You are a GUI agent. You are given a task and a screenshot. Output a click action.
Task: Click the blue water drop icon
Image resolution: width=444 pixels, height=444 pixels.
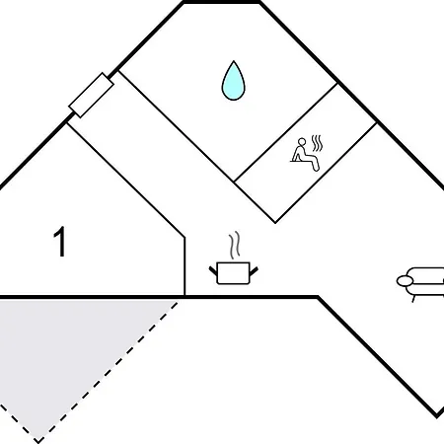click(x=233, y=81)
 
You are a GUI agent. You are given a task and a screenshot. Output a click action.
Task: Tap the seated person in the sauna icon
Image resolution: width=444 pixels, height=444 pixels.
click(x=304, y=155)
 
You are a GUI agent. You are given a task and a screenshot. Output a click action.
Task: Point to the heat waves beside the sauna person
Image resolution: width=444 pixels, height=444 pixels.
click(x=317, y=143)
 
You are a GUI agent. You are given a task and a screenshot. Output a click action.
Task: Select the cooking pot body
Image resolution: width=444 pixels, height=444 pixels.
click(x=233, y=273)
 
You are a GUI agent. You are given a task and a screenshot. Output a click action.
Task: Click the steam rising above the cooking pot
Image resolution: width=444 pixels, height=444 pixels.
click(x=234, y=246)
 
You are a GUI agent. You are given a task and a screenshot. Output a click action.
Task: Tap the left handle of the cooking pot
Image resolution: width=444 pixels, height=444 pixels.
click(x=213, y=271)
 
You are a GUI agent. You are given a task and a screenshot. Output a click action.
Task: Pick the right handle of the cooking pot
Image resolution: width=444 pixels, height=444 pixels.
click(x=254, y=271)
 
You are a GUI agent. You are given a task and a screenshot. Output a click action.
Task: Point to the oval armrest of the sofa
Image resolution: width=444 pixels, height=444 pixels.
click(x=405, y=281)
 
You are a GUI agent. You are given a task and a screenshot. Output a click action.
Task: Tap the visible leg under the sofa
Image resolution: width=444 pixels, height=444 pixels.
click(x=413, y=299)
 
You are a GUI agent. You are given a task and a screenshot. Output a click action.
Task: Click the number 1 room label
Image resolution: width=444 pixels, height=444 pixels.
click(x=60, y=242)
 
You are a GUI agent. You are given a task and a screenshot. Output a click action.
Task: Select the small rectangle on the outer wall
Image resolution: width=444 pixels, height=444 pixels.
click(x=91, y=95)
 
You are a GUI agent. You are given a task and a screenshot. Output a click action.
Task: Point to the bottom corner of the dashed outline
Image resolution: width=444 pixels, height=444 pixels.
click(x=38, y=441)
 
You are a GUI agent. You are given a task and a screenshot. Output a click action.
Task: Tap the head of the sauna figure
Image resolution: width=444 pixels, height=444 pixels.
click(x=302, y=142)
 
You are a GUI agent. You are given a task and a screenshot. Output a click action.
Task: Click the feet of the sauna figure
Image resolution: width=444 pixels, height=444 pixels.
click(x=316, y=168)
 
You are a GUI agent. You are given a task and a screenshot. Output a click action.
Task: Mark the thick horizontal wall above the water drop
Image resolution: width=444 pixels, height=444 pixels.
click(x=221, y=2)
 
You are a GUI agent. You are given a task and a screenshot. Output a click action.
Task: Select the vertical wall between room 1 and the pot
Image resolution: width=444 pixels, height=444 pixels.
click(x=185, y=266)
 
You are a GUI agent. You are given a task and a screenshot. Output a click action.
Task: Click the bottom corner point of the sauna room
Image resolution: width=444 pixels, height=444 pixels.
click(x=275, y=223)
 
